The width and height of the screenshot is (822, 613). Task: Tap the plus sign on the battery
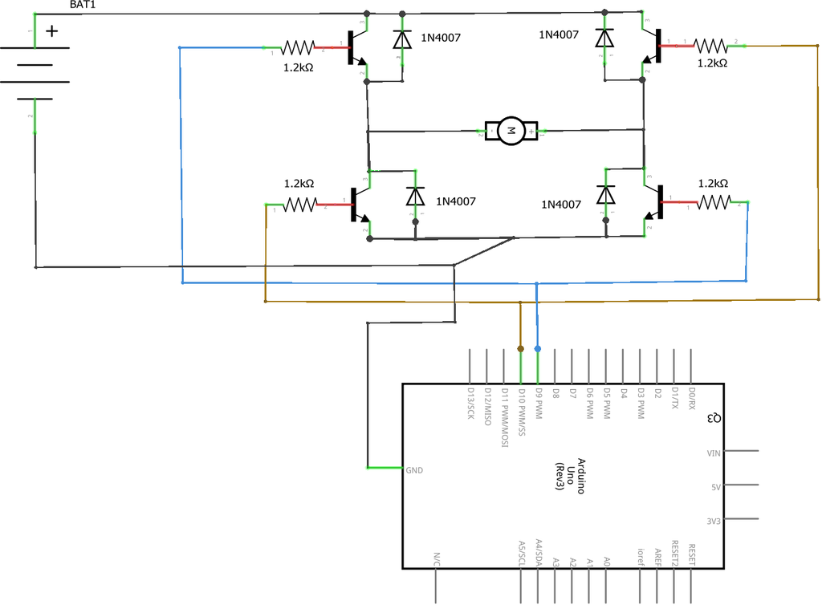point(52,31)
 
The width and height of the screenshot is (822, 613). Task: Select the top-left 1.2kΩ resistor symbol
point(300,48)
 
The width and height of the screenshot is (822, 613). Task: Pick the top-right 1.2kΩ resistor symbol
point(711,46)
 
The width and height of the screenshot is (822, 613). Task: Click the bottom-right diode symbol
point(605,195)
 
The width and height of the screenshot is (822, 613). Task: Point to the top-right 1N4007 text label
point(559,35)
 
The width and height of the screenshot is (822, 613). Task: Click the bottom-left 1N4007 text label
point(457,201)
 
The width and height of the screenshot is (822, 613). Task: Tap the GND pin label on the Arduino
point(414,471)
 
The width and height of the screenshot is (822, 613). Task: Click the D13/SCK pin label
point(470,404)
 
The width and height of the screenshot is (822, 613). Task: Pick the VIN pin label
point(714,453)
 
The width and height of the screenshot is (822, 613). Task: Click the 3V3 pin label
point(713,521)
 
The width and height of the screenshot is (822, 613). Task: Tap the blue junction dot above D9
point(538,349)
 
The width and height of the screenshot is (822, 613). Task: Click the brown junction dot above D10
point(521,349)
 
